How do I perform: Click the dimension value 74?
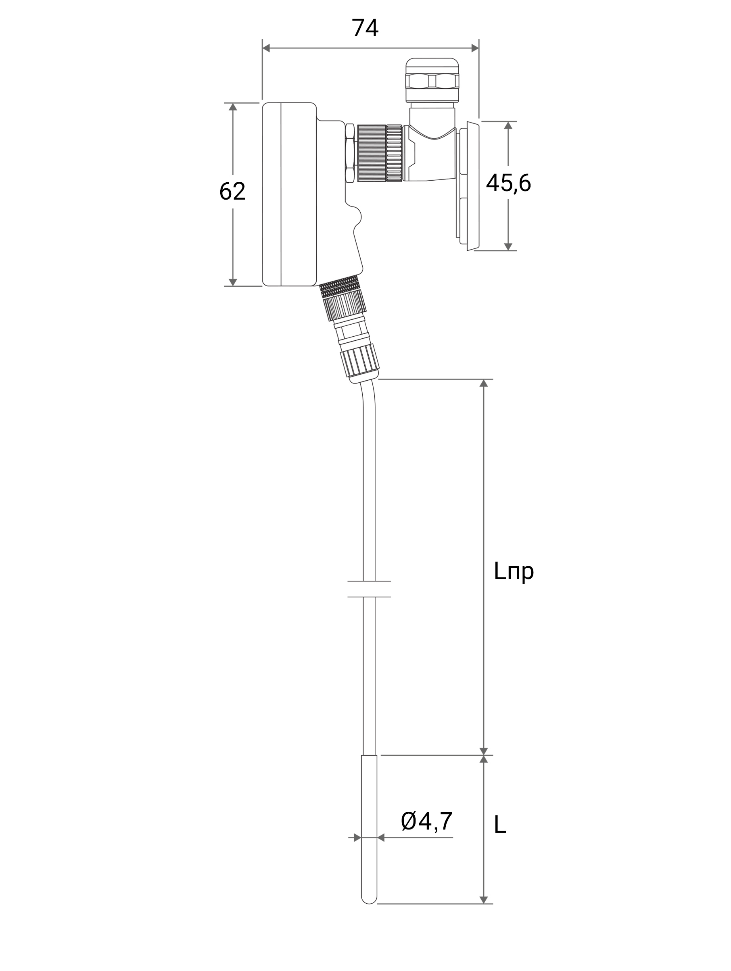365,29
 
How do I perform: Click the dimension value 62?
232,192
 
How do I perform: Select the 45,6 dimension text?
508,183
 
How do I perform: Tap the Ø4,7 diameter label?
427,821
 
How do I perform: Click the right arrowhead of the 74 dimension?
475,48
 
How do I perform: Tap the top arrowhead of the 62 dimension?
233,107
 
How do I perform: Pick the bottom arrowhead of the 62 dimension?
233,282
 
